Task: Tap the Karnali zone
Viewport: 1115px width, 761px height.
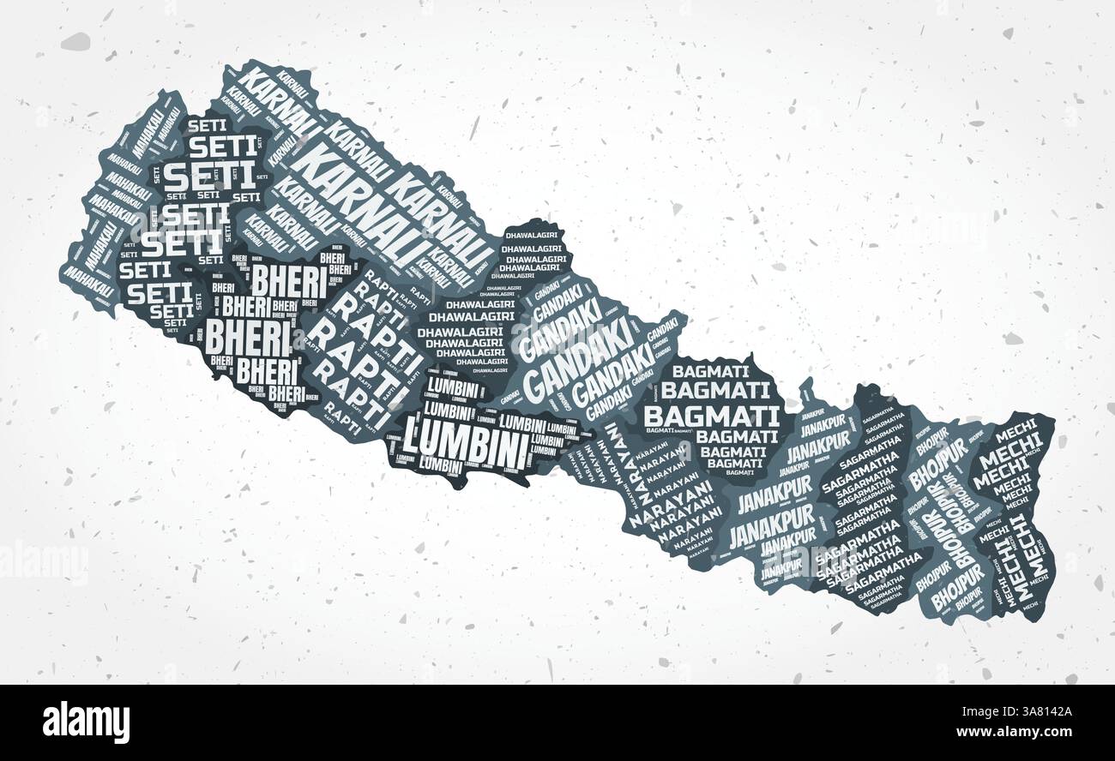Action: pyautogui.click(x=360, y=189)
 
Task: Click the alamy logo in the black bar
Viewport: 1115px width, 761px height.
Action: pyautogui.click(x=86, y=722)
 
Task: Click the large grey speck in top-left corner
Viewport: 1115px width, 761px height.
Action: pyautogui.click(x=75, y=40)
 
